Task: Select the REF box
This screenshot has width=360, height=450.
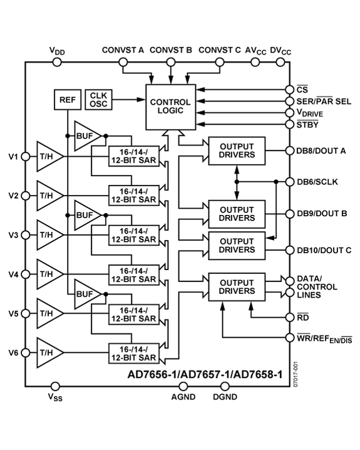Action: click(x=66, y=100)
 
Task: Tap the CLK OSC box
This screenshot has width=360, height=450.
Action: click(x=98, y=99)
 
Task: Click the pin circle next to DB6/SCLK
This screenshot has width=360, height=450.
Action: click(x=289, y=182)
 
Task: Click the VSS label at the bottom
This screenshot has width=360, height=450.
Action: click(x=55, y=397)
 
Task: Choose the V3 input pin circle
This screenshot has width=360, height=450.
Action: click(x=26, y=234)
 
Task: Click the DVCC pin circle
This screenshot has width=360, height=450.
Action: click(x=276, y=62)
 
